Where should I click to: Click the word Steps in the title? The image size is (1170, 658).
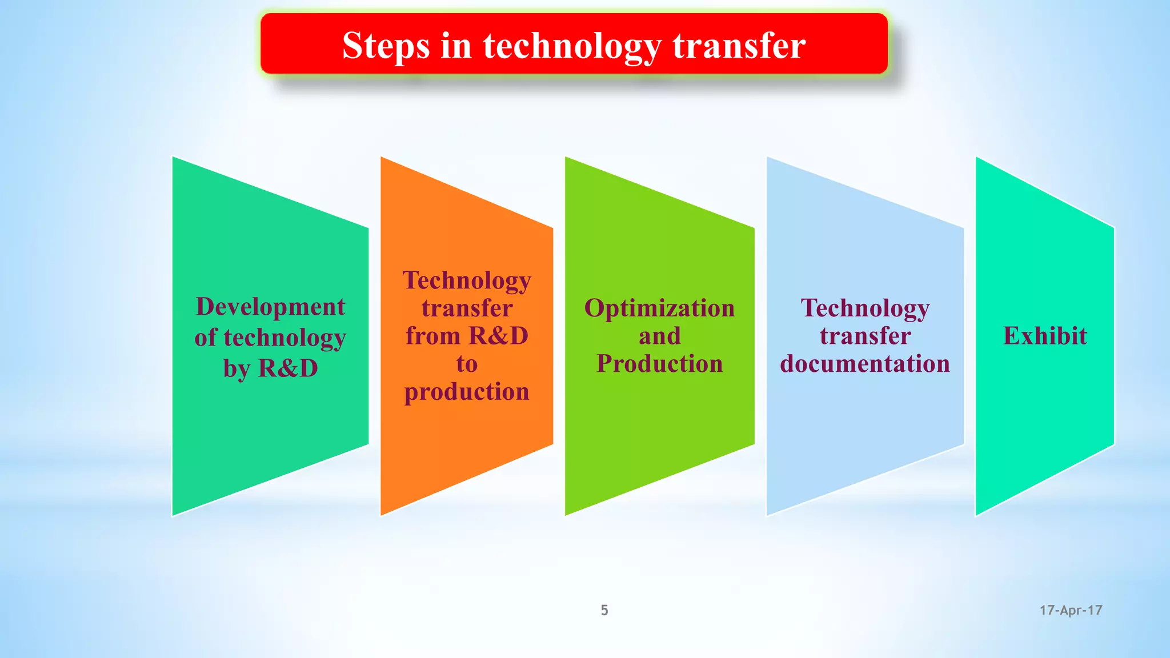pyautogui.click(x=386, y=46)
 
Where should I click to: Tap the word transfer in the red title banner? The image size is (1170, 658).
pyautogui.click(x=739, y=46)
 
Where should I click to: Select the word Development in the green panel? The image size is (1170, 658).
pyautogui.click(x=270, y=307)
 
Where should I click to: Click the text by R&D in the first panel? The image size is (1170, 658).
pyautogui.click(x=270, y=368)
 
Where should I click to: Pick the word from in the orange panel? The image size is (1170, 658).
pyautogui.click(x=433, y=336)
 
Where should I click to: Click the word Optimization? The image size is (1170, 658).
pyautogui.click(x=659, y=308)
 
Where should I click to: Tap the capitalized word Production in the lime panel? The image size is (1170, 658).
pyautogui.click(x=659, y=364)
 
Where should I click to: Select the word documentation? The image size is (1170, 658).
pyautogui.click(x=865, y=364)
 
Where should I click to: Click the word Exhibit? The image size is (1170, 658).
pyautogui.click(x=1045, y=336)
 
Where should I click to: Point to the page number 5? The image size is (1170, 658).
pyautogui.click(x=604, y=610)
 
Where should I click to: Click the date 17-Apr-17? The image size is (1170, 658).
pyautogui.click(x=1071, y=610)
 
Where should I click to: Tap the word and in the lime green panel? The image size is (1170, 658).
pyautogui.click(x=659, y=336)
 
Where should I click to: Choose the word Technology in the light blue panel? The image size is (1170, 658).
pyautogui.click(x=865, y=308)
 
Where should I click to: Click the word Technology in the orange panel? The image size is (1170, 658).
pyautogui.click(x=467, y=281)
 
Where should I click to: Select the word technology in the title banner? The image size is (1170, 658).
pyautogui.click(x=572, y=46)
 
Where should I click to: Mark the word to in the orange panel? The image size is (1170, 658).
pyautogui.click(x=467, y=364)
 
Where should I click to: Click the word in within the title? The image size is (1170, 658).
pyautogui.click(x=456, y=46)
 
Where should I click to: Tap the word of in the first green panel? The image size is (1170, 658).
pyautogui.click(x=206, y=338)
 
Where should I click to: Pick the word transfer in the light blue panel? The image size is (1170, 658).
pyautogui.click(x=865, y=336)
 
